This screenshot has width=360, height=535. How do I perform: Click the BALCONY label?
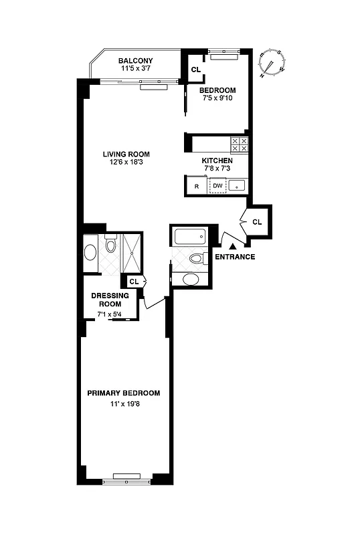136,61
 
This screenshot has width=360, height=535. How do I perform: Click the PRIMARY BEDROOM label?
124,393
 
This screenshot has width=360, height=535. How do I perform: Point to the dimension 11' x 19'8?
124,404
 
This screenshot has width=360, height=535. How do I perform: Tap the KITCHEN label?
217,161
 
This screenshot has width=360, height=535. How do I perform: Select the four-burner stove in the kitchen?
240,144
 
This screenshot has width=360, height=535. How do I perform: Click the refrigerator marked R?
196,186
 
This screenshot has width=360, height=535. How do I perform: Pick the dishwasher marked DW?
217,186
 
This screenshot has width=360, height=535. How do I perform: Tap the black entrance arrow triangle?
233,247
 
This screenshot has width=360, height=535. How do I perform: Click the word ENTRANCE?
234,257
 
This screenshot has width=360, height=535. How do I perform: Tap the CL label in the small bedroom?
196,69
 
